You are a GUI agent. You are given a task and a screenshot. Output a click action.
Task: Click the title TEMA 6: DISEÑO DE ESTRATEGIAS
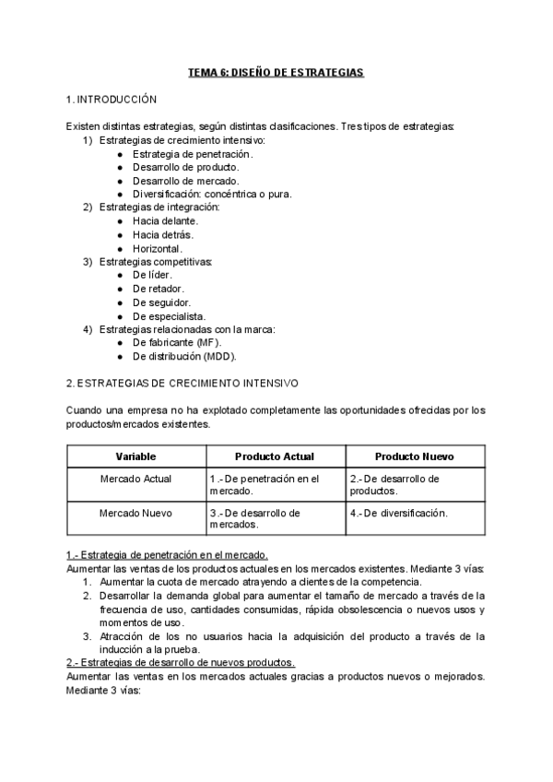click(276, 73)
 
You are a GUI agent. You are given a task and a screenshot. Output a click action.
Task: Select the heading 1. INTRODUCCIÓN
click(112, 99)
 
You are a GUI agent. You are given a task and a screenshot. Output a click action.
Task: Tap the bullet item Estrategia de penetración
click(180, 153)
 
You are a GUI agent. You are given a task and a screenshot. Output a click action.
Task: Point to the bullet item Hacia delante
click(165, 221)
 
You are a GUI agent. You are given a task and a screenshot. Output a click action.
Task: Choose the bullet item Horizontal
click(158, 249)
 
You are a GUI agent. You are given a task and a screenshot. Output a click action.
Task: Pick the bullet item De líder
click(152, 275)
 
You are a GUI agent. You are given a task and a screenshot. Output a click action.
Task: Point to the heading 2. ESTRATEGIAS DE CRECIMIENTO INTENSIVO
click(182, 382)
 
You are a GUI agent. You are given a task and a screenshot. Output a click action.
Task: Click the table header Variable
click(135, 456)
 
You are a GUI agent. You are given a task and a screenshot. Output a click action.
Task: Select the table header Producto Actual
click(275, 456)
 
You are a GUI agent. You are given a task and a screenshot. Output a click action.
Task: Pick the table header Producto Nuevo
click(415, 456)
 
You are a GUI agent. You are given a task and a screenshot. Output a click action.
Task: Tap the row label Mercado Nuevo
click(135, 513)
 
